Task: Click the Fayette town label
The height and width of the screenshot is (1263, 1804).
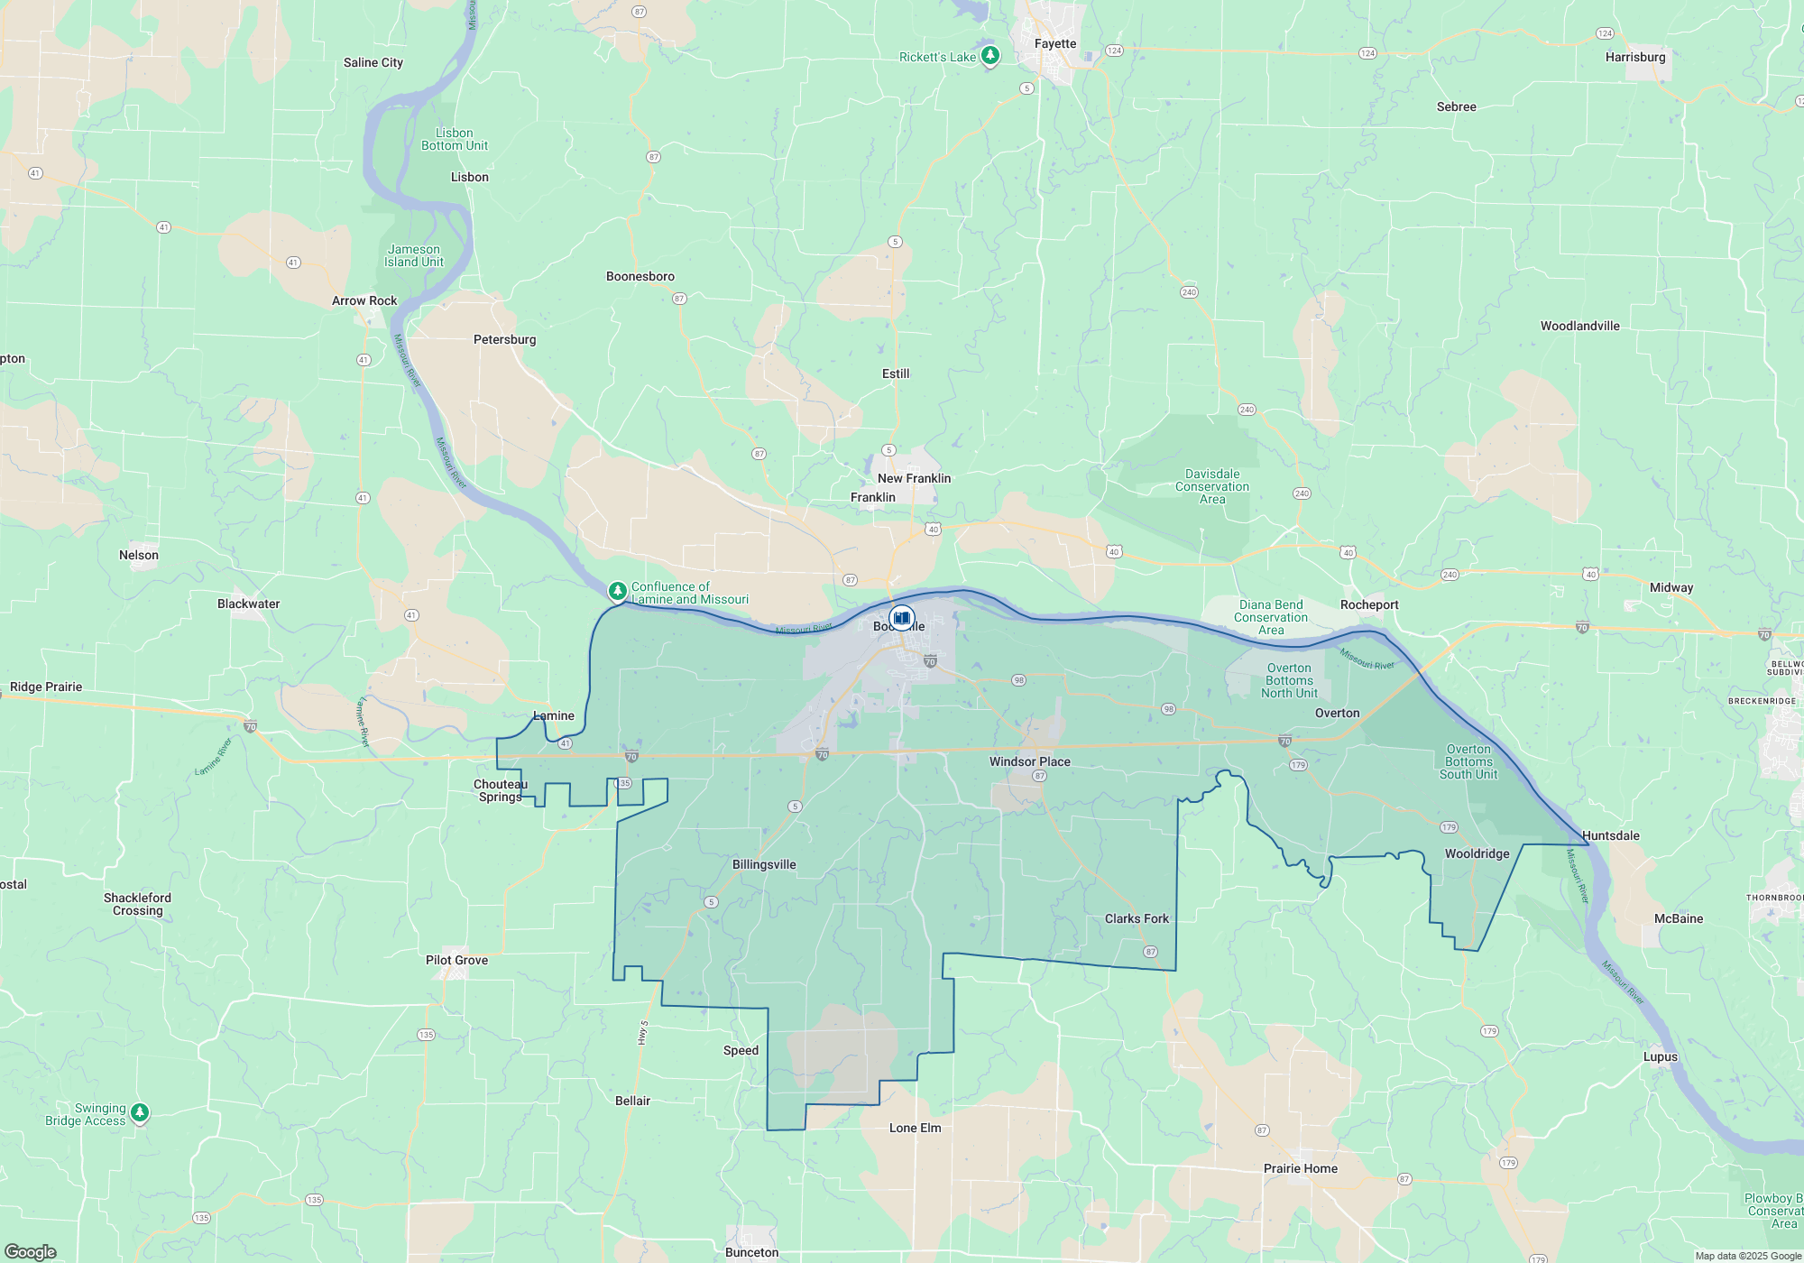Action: pyautogui.click(x=1055, y=43)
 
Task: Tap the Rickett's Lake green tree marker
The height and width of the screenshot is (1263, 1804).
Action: pyautogui.click(x=989, y=56)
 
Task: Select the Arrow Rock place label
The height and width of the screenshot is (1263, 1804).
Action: pyautogui.click(x=364, y=300)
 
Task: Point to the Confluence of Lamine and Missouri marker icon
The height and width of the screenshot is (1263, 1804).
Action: pyautogui.click(x=617, y=591)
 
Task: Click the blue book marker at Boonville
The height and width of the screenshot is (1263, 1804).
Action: pyautogui.click(x=901, y=619)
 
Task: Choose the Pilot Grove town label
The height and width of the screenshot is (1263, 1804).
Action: pyautogui.click(x=456, y=960)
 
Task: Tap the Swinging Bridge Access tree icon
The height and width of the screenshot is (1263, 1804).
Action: pyautogui.click(x=139, y=1112)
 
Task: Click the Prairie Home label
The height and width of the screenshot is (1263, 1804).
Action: pyautogui.click(x=1300, y=1168)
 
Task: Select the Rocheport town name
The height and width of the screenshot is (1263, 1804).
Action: pyautogui.click(x=1369, y=604)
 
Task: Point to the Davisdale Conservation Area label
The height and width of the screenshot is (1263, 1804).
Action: pyautogui.click(x=1212, y=486)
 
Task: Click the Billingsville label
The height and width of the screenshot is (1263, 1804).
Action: pyautogui.click(x=764, y=864)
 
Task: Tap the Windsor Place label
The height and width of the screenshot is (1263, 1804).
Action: pyautogui.click(x=1029, y=761)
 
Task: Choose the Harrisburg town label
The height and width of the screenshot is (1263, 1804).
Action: pyautogui.click(x=1635, y=57)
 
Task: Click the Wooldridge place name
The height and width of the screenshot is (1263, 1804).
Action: pyautogui.click(x=1477, y=853)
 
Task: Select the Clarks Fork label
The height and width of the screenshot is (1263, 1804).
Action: pyautogui.click(x=1137, y=918)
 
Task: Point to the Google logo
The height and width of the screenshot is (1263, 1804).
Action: pyautogui.click(x=31, y=1251)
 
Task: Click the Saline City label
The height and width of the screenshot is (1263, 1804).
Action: pyautogui.click(x=373, y=62)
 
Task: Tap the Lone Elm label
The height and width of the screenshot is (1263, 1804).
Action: pyautogui.click(x=915, y=1128)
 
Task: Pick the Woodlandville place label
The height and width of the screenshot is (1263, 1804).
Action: pyautogui.click(x=1579, y=326)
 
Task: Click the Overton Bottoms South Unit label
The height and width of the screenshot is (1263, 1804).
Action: pyautogui.click(x=1468, y=761)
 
